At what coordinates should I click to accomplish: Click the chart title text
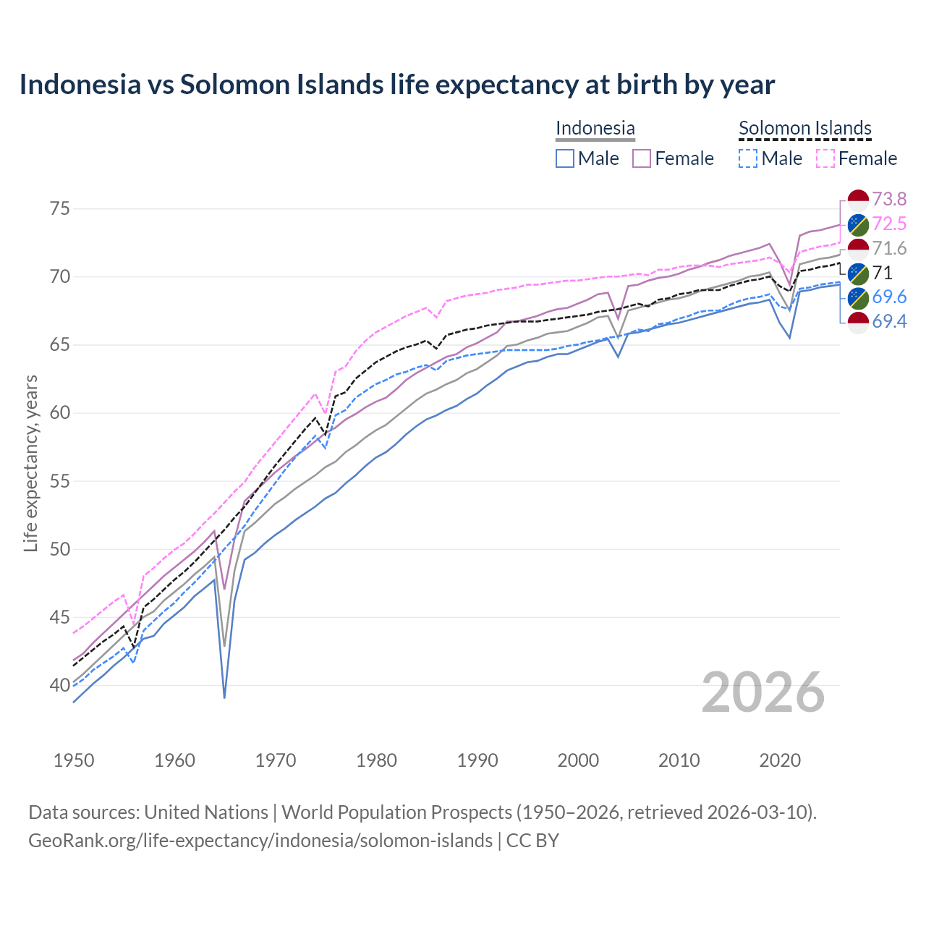click(x=396, y=85)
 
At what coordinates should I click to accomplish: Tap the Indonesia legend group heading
click(x=595, y=128)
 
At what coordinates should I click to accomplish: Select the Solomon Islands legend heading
click(x=804, y=128)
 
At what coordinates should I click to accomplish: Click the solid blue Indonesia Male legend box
click(x=565, y=158)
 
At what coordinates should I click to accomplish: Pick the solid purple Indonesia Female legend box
click(x=642, y=158)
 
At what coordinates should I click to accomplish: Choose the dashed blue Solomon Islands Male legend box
click(x=748, y=158)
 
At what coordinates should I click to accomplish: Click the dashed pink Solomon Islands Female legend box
click(x=825, y=158)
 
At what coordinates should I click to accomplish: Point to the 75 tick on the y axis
click(x=60, y=209)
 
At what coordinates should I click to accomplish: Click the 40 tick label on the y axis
click(x=60, y=685)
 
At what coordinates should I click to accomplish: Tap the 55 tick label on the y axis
click(x=60, y=481)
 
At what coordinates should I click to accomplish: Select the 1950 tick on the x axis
click(x=74, y=760)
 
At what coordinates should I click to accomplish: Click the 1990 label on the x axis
click(x=477, y=760)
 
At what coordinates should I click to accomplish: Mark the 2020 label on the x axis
click(x=780, y=760)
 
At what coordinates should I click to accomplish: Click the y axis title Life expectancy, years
click(x=30, y=463)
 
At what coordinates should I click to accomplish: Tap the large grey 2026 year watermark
click(x=763, y=692)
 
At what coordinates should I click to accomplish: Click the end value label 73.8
click(x=889, y=199)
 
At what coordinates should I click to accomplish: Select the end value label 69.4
click(x=889, y=322)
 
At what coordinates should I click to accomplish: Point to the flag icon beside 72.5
click(x=857, y=224)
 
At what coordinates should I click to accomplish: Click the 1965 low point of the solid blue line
click(x=224, y=697)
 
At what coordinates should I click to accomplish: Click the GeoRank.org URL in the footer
click(x=260, y=841)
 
